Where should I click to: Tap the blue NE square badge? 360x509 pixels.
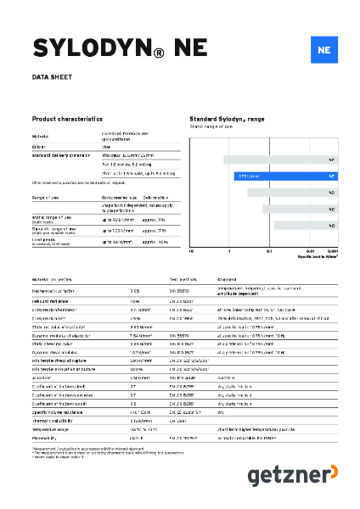pos(323,49)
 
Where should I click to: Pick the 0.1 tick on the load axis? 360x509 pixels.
pos(269,251)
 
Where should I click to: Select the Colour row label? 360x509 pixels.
pos(39,146)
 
